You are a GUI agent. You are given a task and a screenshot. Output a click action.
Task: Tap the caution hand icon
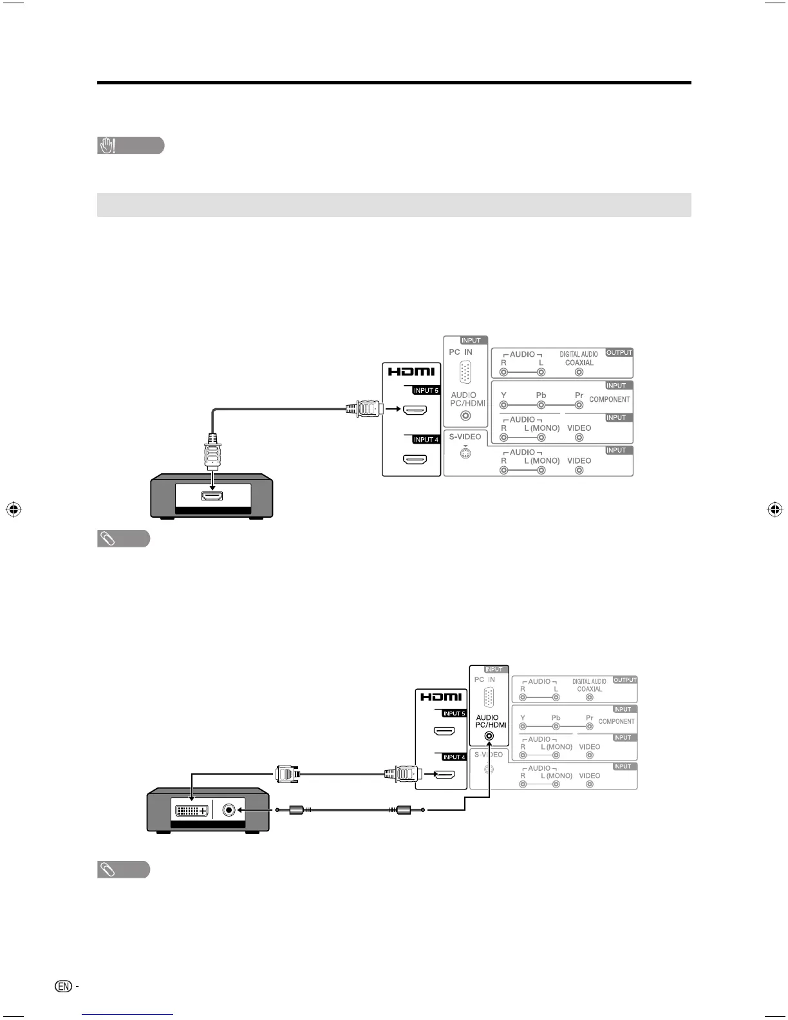[x=107, y=146]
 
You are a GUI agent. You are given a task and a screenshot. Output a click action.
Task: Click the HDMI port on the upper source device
[x=212, y=496]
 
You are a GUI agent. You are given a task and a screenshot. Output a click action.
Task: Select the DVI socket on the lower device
[x=191, y=810]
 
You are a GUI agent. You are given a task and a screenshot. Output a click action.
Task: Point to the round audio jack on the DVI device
[x=229, y=810]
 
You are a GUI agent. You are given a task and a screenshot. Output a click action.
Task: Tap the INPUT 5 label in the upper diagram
[x=426, y=390]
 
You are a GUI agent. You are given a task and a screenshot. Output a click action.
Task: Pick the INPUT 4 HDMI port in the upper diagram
[x=415, y=460]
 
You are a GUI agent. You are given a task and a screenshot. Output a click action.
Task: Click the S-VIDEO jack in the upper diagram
[x=465, y=453]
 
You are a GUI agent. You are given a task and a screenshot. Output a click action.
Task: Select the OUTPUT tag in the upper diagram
[x=619, y=353]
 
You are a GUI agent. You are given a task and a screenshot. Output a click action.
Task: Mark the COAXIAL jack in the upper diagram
[x=579, y=372]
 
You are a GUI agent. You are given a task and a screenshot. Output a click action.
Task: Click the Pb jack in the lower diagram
[x=556, y=727]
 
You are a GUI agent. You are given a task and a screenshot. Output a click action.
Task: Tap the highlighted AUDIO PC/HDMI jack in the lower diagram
[x=489, y=735]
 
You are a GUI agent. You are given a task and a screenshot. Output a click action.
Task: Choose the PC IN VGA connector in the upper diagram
[x=466, y=373]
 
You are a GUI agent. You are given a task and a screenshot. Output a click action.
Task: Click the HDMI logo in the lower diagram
[x=441, y=697]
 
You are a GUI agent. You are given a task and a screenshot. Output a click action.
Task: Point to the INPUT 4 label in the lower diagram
[x=454, y=757]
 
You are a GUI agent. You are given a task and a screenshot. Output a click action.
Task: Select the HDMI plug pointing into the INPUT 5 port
[x=365, y=408]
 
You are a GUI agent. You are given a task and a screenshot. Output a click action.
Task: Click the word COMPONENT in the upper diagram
[x=609, y=399]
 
